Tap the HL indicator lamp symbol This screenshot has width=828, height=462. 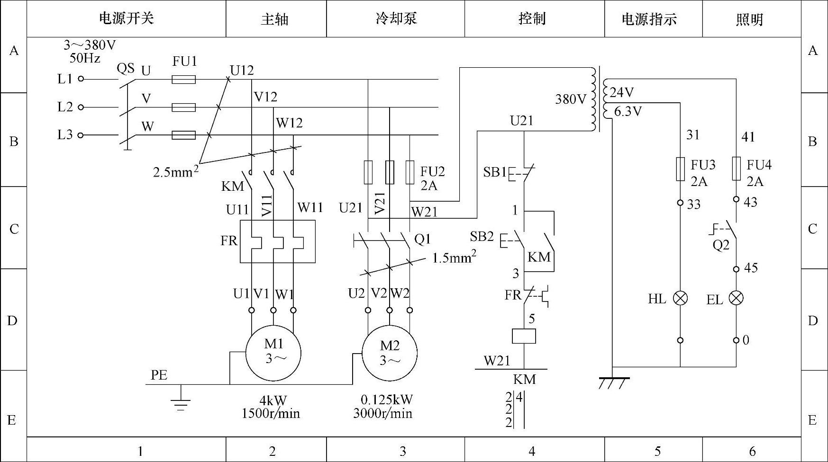[x=681, y=298]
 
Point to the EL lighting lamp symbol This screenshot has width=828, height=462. [x=736, y=298]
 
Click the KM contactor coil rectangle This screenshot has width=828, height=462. [x=524, y=336]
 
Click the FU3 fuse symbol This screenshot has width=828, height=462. [x=681, y=169]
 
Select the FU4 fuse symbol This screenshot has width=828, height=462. [x=736, y=169]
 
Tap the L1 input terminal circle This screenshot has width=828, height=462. [x=81, y=79]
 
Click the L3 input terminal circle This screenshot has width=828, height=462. [x=81, y=135]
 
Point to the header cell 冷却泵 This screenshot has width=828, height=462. [x=396, y=19]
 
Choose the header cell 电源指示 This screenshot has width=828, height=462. [x=654, y=19]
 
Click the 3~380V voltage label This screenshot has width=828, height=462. [x=90, y=45]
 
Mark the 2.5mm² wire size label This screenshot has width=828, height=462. [x=175, y=171]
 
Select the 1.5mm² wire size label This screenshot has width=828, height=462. [x=454, y=258]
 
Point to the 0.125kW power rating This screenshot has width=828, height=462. [x=387, y=400]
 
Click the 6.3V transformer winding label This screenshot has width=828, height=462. [x=628, y=112]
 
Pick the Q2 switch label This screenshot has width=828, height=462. [x=721, y=245]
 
